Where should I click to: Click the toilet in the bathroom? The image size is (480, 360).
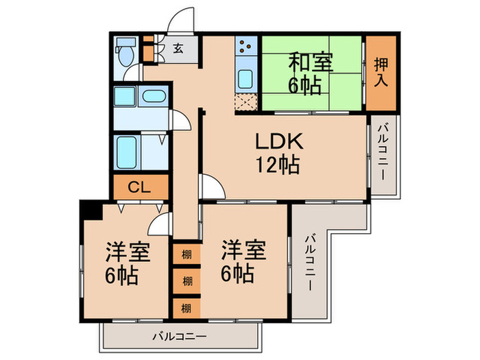(x=125, y=53)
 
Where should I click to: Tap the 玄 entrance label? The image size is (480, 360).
(x=178, y=49)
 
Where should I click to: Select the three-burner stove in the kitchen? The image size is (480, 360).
(x=245, y=47)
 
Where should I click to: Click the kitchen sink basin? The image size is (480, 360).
(x=245, y=78)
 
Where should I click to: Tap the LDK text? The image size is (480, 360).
(x=279, y=142)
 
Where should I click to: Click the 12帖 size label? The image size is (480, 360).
(x=278, y=165)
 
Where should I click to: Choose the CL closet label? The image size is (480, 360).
(x=140, y=186)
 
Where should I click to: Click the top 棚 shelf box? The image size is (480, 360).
(x=187, y=254)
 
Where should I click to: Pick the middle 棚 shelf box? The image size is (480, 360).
(x=187, y=280)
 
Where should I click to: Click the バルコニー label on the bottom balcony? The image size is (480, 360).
(x=180, y=337)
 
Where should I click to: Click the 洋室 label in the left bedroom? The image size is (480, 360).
(x=127, y=253)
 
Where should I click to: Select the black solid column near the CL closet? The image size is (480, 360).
(x=90, y=208)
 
